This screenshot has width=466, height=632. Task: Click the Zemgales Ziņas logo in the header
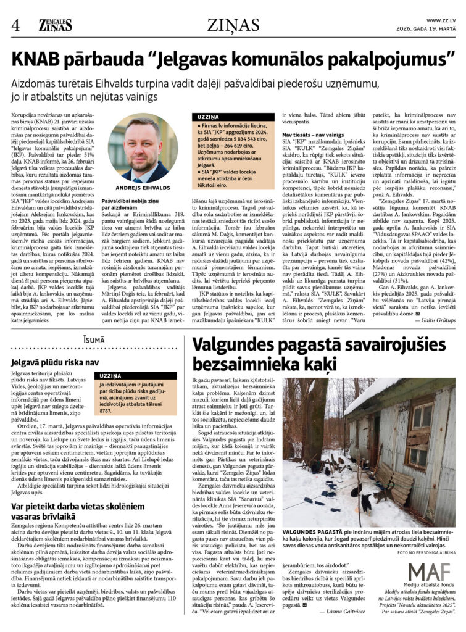point(56,25)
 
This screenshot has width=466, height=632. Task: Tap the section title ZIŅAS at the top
point(233,25)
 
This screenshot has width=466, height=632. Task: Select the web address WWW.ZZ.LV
point(441,20)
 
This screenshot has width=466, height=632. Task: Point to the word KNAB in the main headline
point(38,60)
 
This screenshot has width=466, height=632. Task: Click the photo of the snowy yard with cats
point(369,452)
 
